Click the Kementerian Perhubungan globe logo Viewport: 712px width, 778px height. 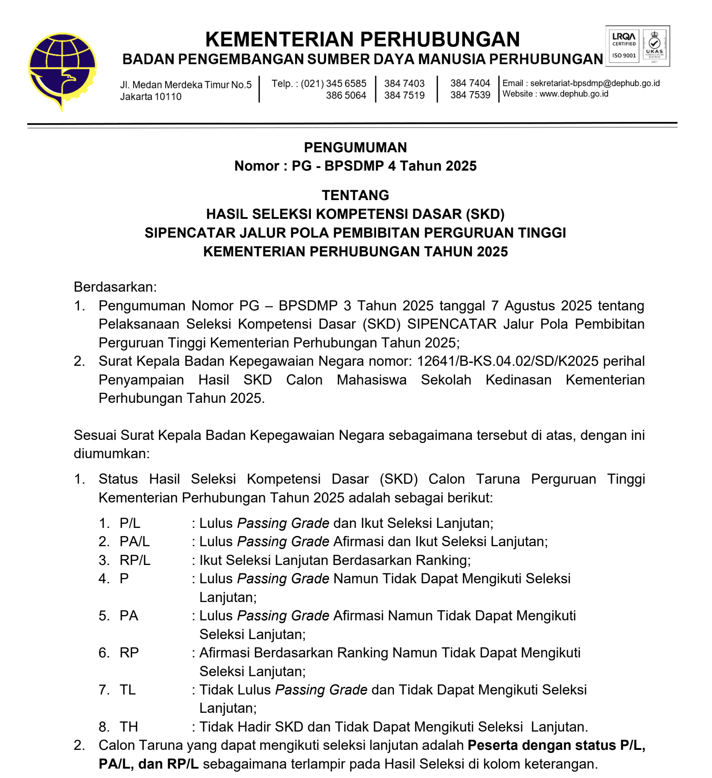[62, 71]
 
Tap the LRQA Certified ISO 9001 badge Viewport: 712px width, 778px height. [624, 46]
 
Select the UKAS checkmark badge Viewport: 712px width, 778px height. [654, 46]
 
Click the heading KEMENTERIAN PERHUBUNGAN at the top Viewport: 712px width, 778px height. [362, 39]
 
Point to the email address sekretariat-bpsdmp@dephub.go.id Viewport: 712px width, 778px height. [595, 83]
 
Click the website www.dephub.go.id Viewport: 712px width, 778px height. [574, 94]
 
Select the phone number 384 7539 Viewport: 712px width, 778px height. [470, 95]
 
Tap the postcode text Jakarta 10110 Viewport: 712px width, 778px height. [151, 96]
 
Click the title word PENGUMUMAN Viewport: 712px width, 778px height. [355, 147]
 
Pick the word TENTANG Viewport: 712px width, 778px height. [355, 195]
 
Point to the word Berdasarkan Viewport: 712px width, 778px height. [115, 287]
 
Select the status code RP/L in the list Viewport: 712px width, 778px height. [135, 560]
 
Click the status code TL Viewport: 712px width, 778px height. [127, 690]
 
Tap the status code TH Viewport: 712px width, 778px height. [129, 727]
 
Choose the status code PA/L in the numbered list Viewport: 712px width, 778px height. [134, 541]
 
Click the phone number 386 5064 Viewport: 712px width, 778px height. [346, 95]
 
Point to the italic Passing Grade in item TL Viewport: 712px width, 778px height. [321, 690]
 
